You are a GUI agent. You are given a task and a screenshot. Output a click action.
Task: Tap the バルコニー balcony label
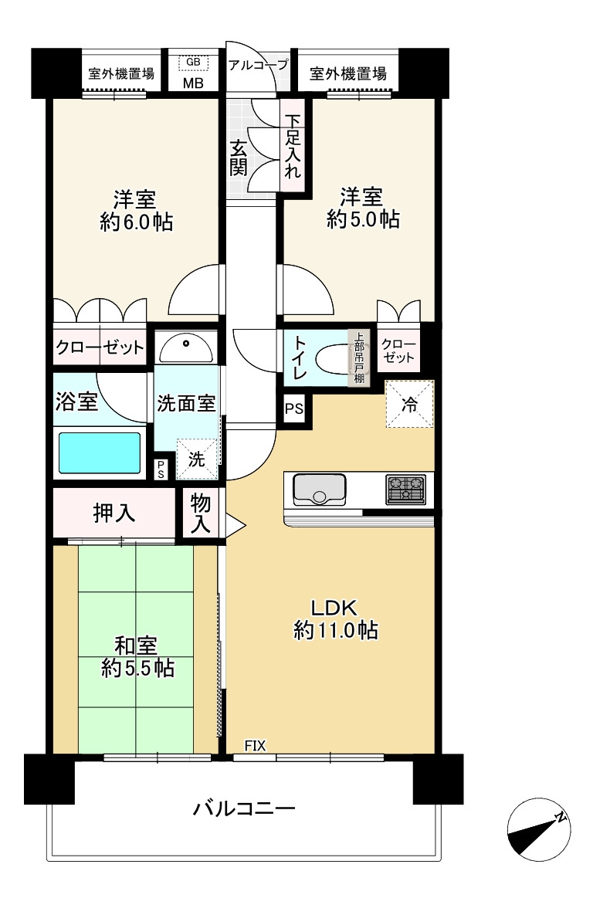click(244, 810)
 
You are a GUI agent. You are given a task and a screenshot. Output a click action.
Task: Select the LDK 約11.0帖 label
click(335, 618)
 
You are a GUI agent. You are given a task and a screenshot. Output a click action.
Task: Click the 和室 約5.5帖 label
click(137, 656)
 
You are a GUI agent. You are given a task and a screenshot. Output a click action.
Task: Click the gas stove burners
click(405, 489)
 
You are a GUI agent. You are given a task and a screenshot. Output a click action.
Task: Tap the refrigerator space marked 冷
click(409, 403)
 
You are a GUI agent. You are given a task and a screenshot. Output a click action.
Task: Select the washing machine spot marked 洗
click(197, 457)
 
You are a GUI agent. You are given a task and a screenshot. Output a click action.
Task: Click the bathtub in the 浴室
click(100, 452)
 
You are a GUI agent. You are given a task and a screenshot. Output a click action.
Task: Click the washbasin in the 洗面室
click(185, 348)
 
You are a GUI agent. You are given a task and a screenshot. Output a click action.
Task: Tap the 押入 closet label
click(114, 513)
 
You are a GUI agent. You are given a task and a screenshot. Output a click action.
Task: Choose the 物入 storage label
click(201, 514)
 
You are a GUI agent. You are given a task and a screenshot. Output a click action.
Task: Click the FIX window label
click(255, 745)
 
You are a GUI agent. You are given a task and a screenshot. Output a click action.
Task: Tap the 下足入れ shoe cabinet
click(293, 147)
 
